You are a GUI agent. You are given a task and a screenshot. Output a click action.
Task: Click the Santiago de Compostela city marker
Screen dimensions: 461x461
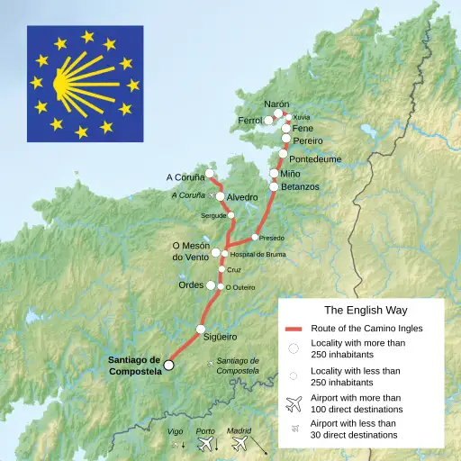pyautogui.click(x=168, y=365)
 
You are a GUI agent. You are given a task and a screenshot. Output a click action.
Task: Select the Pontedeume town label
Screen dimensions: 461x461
pyautogui.click(x=315, y=158)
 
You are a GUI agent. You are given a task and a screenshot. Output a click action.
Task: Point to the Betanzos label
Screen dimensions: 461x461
pyautogui.click(x=300, y=186)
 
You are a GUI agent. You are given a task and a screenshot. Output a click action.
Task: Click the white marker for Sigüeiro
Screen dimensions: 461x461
pyautogui.click(x=201, y=330)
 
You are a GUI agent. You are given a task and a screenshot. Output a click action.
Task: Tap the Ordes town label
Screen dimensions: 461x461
pyautogui.click(x=190, y=285)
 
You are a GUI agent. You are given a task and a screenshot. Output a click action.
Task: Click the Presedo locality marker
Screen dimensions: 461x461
pyautogui.click(x=255, y=238)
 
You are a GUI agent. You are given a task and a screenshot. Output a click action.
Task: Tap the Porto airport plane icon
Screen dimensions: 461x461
pyautogui.click(x=206, y=444)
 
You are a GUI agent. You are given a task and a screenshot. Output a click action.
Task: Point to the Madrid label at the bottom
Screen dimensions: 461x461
pyautogui.click(x=239, y=431)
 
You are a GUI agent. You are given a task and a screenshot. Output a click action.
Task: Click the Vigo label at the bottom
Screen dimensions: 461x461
pyautogui.click(x=176, y=431)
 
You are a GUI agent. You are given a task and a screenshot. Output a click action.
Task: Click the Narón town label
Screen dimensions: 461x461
pyautogui.click(x=277, y=104)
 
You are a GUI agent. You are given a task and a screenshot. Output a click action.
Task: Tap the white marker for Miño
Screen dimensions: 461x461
pyautogui.click(x=275, y=173)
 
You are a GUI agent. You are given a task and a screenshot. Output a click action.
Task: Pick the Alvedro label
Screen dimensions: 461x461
pyautogui.click(x=242, y=196)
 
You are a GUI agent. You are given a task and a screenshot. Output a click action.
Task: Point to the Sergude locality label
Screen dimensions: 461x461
pyautogui.click(x=213, y=216)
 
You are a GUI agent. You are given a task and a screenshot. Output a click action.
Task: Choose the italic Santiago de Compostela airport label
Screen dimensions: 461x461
pyautogui.click(x=238, y=366)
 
